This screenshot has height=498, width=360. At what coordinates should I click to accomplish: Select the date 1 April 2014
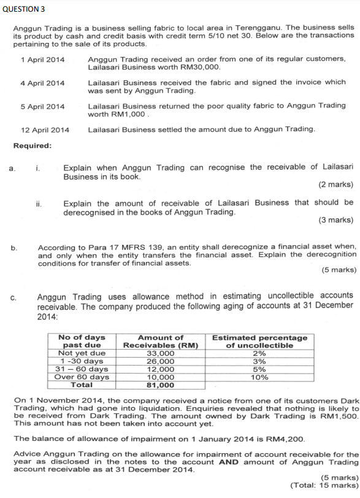pos(42,59)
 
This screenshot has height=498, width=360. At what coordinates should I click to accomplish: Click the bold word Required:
pos(33,145)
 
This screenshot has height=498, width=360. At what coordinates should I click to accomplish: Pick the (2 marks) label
pos(335,184)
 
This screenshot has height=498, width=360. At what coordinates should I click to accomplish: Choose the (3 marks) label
pos(335,220)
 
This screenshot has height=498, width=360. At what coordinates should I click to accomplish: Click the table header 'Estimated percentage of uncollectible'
pos(259,341)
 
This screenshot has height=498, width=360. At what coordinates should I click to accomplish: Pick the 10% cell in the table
pos(259,377)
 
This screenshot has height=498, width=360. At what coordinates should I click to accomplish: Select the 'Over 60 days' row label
pos(82,377)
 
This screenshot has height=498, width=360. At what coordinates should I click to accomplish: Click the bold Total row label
pos(82,385)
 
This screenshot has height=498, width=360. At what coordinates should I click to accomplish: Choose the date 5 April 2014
pos(42,106)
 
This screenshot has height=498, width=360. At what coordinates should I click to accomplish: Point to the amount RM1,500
pos(340,415)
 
